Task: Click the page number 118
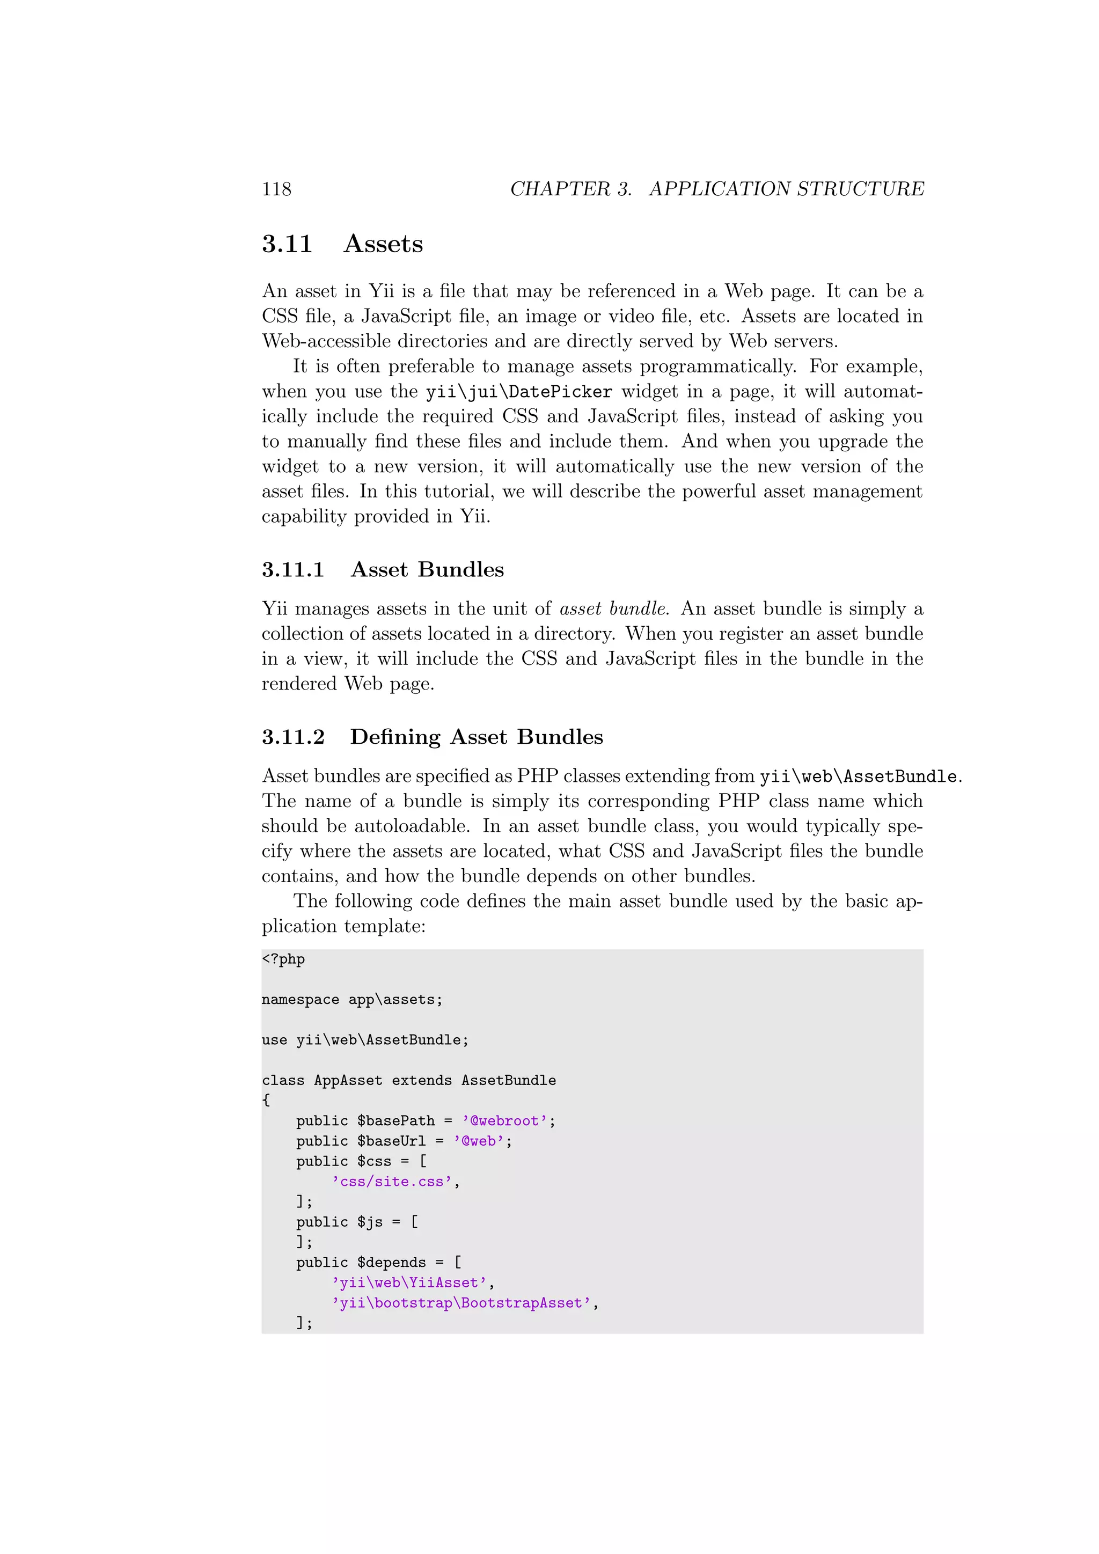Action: (276, 189)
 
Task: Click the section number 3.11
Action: (287, 244)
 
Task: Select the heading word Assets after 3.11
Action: (383, 244)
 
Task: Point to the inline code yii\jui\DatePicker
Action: (518, 392)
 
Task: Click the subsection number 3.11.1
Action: (293, 570)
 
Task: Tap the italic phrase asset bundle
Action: (613, 609)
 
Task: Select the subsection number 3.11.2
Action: (293, 737)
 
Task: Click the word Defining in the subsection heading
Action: (395, 737)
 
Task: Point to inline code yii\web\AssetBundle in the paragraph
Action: (858, 776)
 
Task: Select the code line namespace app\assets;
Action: (352, 1000)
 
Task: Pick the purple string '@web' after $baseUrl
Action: (479, 1142)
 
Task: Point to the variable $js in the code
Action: (370, 1223)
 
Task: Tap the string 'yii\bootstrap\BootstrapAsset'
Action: (461, 1303)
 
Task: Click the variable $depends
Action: (391, 1263)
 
